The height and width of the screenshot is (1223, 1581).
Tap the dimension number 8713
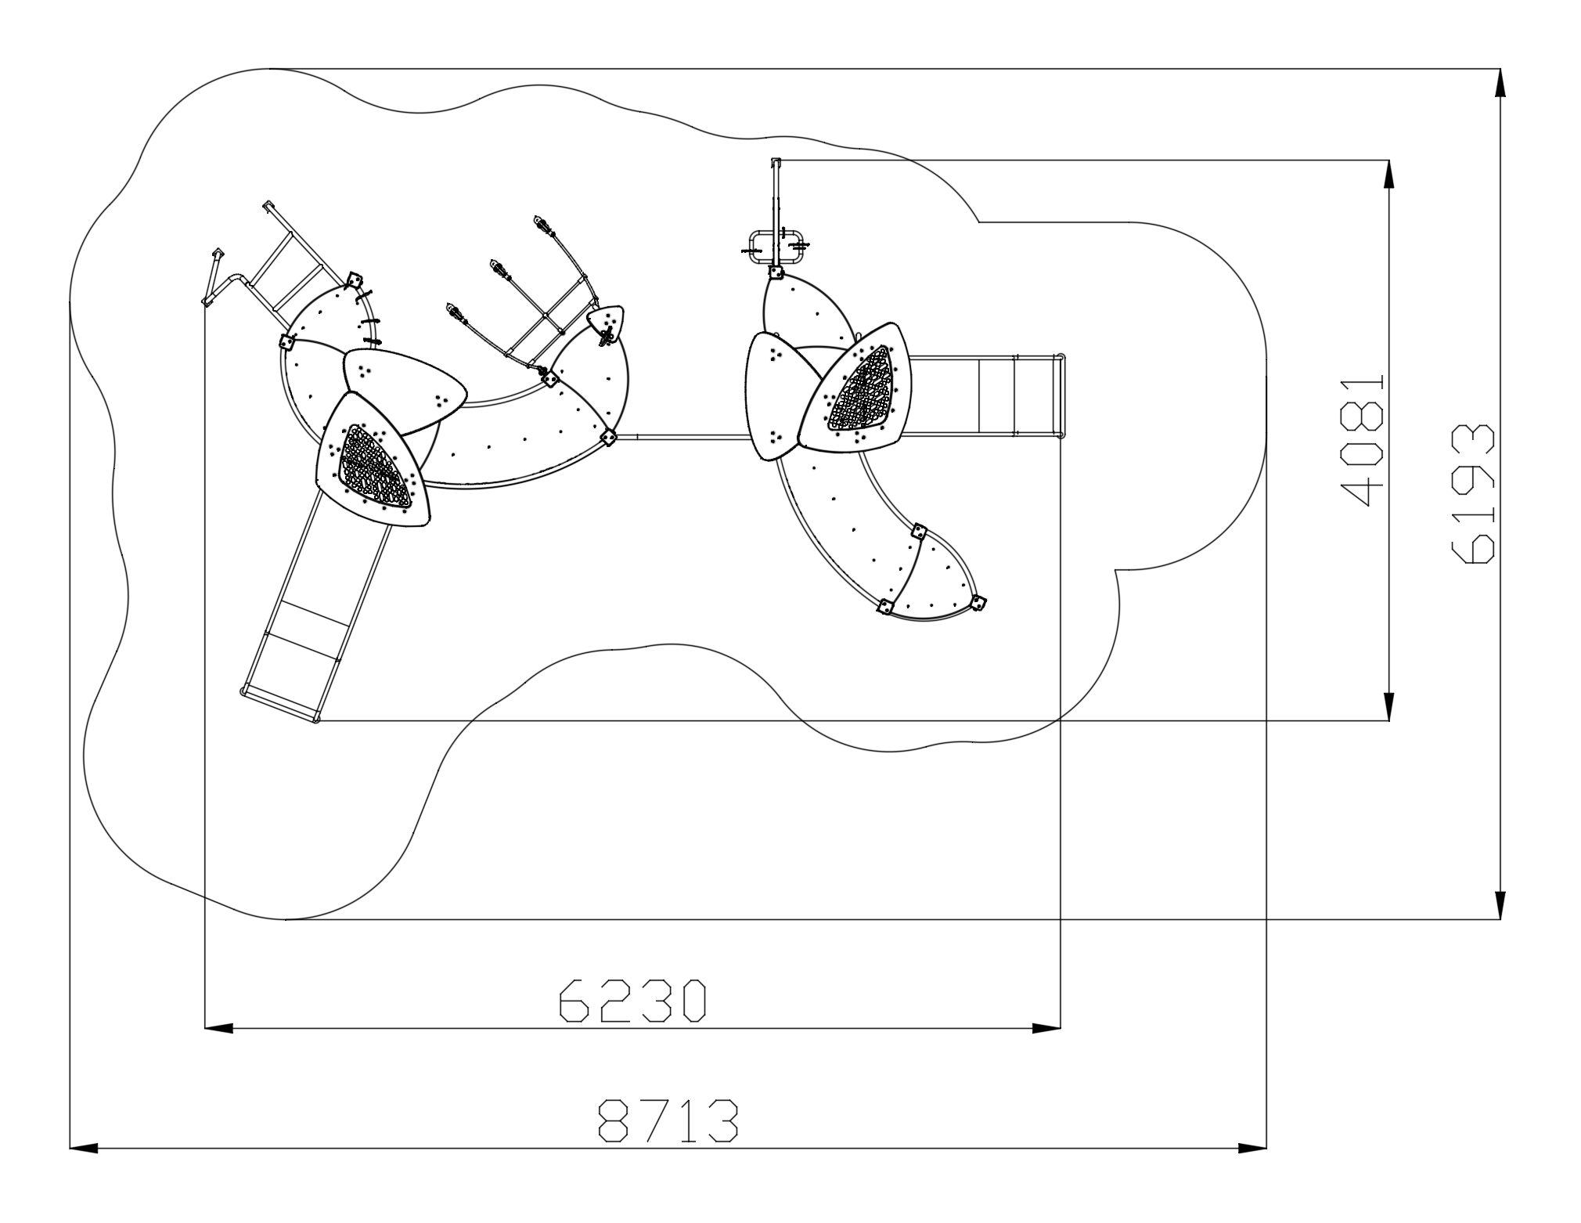(668, 1120)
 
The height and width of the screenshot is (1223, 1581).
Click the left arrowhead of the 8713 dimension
(84, 1149)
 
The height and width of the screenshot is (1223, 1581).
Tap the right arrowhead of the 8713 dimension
(1252, 1149)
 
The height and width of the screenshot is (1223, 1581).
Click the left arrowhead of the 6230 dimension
(218, 1028)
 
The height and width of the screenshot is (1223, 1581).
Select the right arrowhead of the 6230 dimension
(1046, 1028)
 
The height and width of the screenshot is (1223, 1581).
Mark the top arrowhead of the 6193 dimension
(1500, 83)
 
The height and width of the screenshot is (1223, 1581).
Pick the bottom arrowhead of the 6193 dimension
(1500, 904)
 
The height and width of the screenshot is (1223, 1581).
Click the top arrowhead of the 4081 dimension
(1389, 175)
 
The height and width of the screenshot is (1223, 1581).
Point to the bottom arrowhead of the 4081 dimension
(1389, 705)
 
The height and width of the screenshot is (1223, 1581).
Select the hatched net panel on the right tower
(861, 389)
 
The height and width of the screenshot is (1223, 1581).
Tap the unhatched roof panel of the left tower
(404, 391)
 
